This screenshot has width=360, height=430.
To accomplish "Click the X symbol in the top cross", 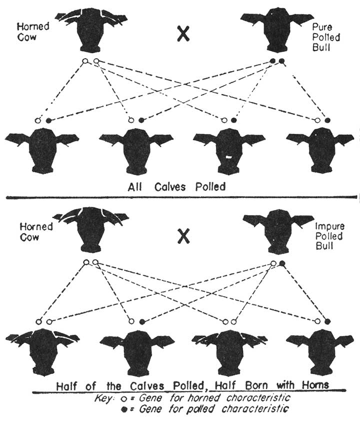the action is pyautogui.click(x=184, y=34).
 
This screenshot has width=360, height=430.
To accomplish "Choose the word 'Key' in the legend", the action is pyautogui.click(x=103, y=398).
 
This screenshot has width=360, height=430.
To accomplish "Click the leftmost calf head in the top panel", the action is pyautogui.click(x=42, y=147).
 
